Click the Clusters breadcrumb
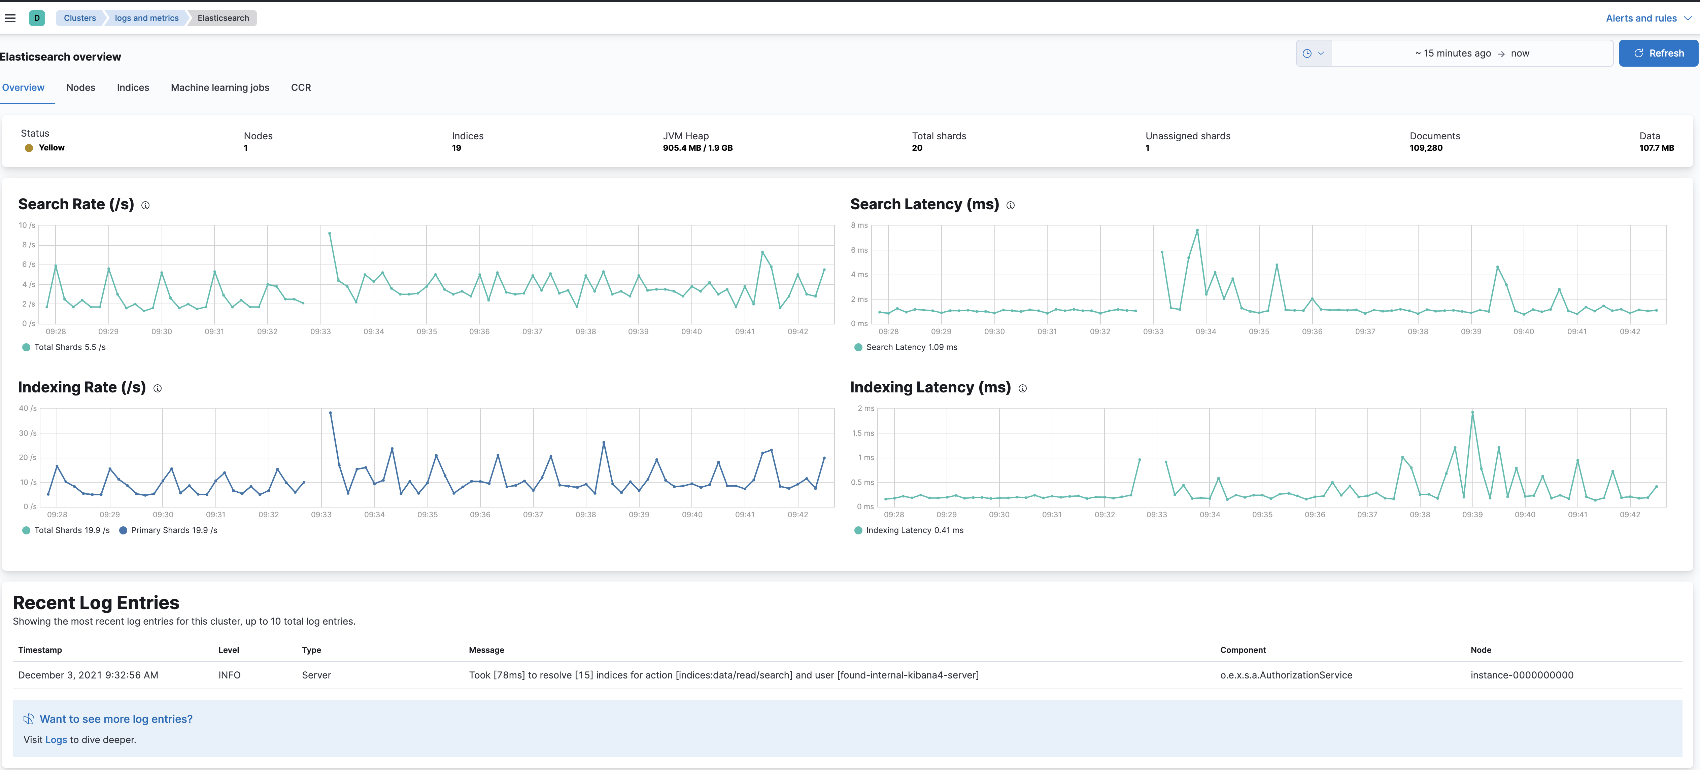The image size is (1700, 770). pos(80,18)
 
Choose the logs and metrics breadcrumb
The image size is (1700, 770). pos(146,18)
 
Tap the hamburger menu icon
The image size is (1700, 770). pos(10,18)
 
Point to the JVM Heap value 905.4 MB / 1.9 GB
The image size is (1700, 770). pos(698,148)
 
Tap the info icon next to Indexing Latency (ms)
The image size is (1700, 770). pos(1022,389)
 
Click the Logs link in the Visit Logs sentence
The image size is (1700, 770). pos(56,740)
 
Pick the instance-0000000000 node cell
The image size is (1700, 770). pos(1521,675)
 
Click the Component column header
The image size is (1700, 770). pos(1243,650)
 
